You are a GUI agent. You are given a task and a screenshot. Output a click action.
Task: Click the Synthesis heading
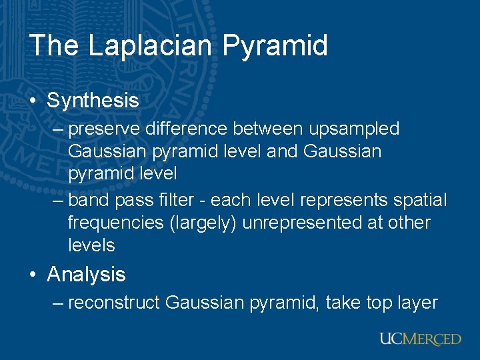93,101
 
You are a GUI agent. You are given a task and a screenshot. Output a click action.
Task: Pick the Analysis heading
86,274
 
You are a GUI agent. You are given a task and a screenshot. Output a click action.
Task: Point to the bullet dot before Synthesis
33,101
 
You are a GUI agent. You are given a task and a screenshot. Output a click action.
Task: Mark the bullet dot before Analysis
33,275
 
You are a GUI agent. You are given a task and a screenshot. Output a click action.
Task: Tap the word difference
183,128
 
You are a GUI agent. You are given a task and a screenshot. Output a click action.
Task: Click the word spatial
417,200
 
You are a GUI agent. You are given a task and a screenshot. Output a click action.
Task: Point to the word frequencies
115,223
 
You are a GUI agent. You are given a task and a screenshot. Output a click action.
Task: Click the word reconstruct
114,303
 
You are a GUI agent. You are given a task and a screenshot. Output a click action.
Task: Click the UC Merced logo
420,339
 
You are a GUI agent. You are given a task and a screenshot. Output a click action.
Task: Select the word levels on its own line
91,245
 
